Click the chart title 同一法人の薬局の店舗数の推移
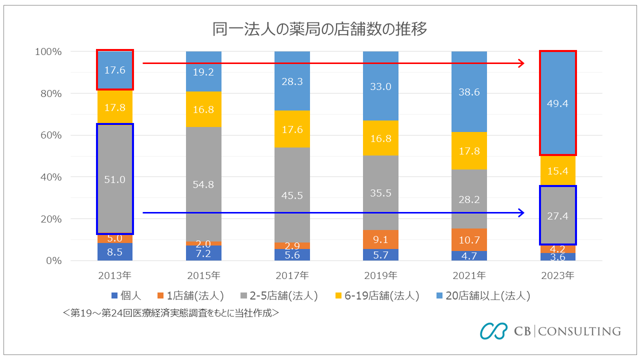click(x=319, y=29)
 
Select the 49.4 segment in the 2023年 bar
click(x=557, y=103)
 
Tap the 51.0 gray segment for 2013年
click(x=115, y=179)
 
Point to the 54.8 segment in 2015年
click(x=203, y=184)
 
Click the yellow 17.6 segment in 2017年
click(x=292, y=129)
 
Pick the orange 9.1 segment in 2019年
click(x=380, y=239)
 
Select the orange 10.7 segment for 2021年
click(x=469, y=239)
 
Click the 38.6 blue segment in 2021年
click(x=469, y=91)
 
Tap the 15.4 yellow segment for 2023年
click(x=557, y=170)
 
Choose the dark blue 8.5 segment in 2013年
click(x=115, y=252)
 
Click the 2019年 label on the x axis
click(x=380, y=275)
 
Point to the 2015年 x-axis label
click(x=203, y=275)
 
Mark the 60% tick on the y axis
click(x=48, y=135)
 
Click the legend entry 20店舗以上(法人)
click(x=482, y=296)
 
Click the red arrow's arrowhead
click(x=521, y=63)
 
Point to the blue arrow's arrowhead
click(x=521, y=213)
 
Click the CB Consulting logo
click(x=550, y=331)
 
